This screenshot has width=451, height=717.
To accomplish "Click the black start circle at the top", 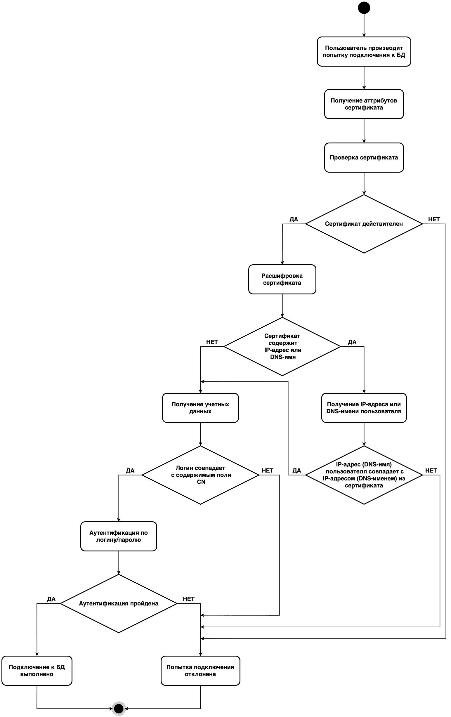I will (x=364, y=8).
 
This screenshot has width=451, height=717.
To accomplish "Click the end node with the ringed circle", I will (x=119, y=708).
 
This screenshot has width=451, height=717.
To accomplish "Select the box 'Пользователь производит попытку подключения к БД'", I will (x=364, y=51).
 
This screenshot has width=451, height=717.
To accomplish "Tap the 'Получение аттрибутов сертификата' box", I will (x=364, y=104).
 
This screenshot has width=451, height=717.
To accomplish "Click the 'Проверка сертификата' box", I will (x=364, y=157).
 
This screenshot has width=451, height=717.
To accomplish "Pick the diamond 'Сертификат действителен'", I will (x=364, y=224).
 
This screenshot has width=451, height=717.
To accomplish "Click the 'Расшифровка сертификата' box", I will (x=282, y=279).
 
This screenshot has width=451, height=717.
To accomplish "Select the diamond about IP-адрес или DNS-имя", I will (x=282, y=346).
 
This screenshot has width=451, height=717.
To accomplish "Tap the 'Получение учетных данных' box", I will (x=200, y=408).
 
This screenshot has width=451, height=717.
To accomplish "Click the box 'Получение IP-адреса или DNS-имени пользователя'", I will (x=364, y=408).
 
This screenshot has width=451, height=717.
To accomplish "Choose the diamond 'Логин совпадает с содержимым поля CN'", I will (x=200, y=475).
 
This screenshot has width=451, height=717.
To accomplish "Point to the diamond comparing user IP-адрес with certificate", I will (x=364, y=475).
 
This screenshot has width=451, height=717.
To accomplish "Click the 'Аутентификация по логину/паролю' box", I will (x=119, y=536).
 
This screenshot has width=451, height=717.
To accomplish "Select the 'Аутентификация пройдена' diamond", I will (x=119, y=604).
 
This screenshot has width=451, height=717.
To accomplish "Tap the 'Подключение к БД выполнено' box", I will (x=37, y=671).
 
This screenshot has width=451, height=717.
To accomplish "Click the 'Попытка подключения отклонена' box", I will (x=200, y=671).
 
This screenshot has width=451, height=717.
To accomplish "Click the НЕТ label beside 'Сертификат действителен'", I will (x=434, y=219).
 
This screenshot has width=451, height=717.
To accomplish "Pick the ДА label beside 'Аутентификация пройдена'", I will (x=51, y=599).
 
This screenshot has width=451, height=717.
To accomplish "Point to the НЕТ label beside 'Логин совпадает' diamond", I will (x=267, y=471).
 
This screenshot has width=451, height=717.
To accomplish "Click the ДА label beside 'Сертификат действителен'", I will (x=294, y=219).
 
